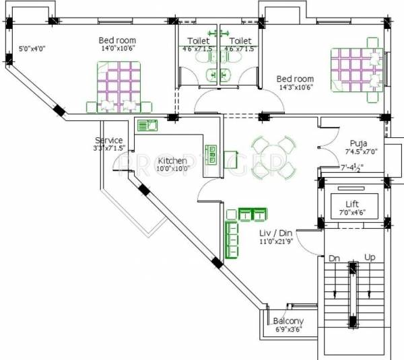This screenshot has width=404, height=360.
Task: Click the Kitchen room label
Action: click(x=172, y=161)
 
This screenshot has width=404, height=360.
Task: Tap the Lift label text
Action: click(x=352, y=203)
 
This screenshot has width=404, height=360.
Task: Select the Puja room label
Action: click(x=358, y=143)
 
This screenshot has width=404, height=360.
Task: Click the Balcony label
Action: click(x=288, y=321)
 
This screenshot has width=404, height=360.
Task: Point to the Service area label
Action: click(x=108, y=140)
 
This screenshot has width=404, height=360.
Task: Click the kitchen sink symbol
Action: click(x=147, y=124)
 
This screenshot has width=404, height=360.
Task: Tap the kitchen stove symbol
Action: click(x=211, y=154)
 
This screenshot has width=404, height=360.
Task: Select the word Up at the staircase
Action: click(x=370, y=258)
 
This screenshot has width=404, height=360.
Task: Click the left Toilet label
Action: click(x=198, y=40)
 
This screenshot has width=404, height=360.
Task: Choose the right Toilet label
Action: click(x=240, y=40)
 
